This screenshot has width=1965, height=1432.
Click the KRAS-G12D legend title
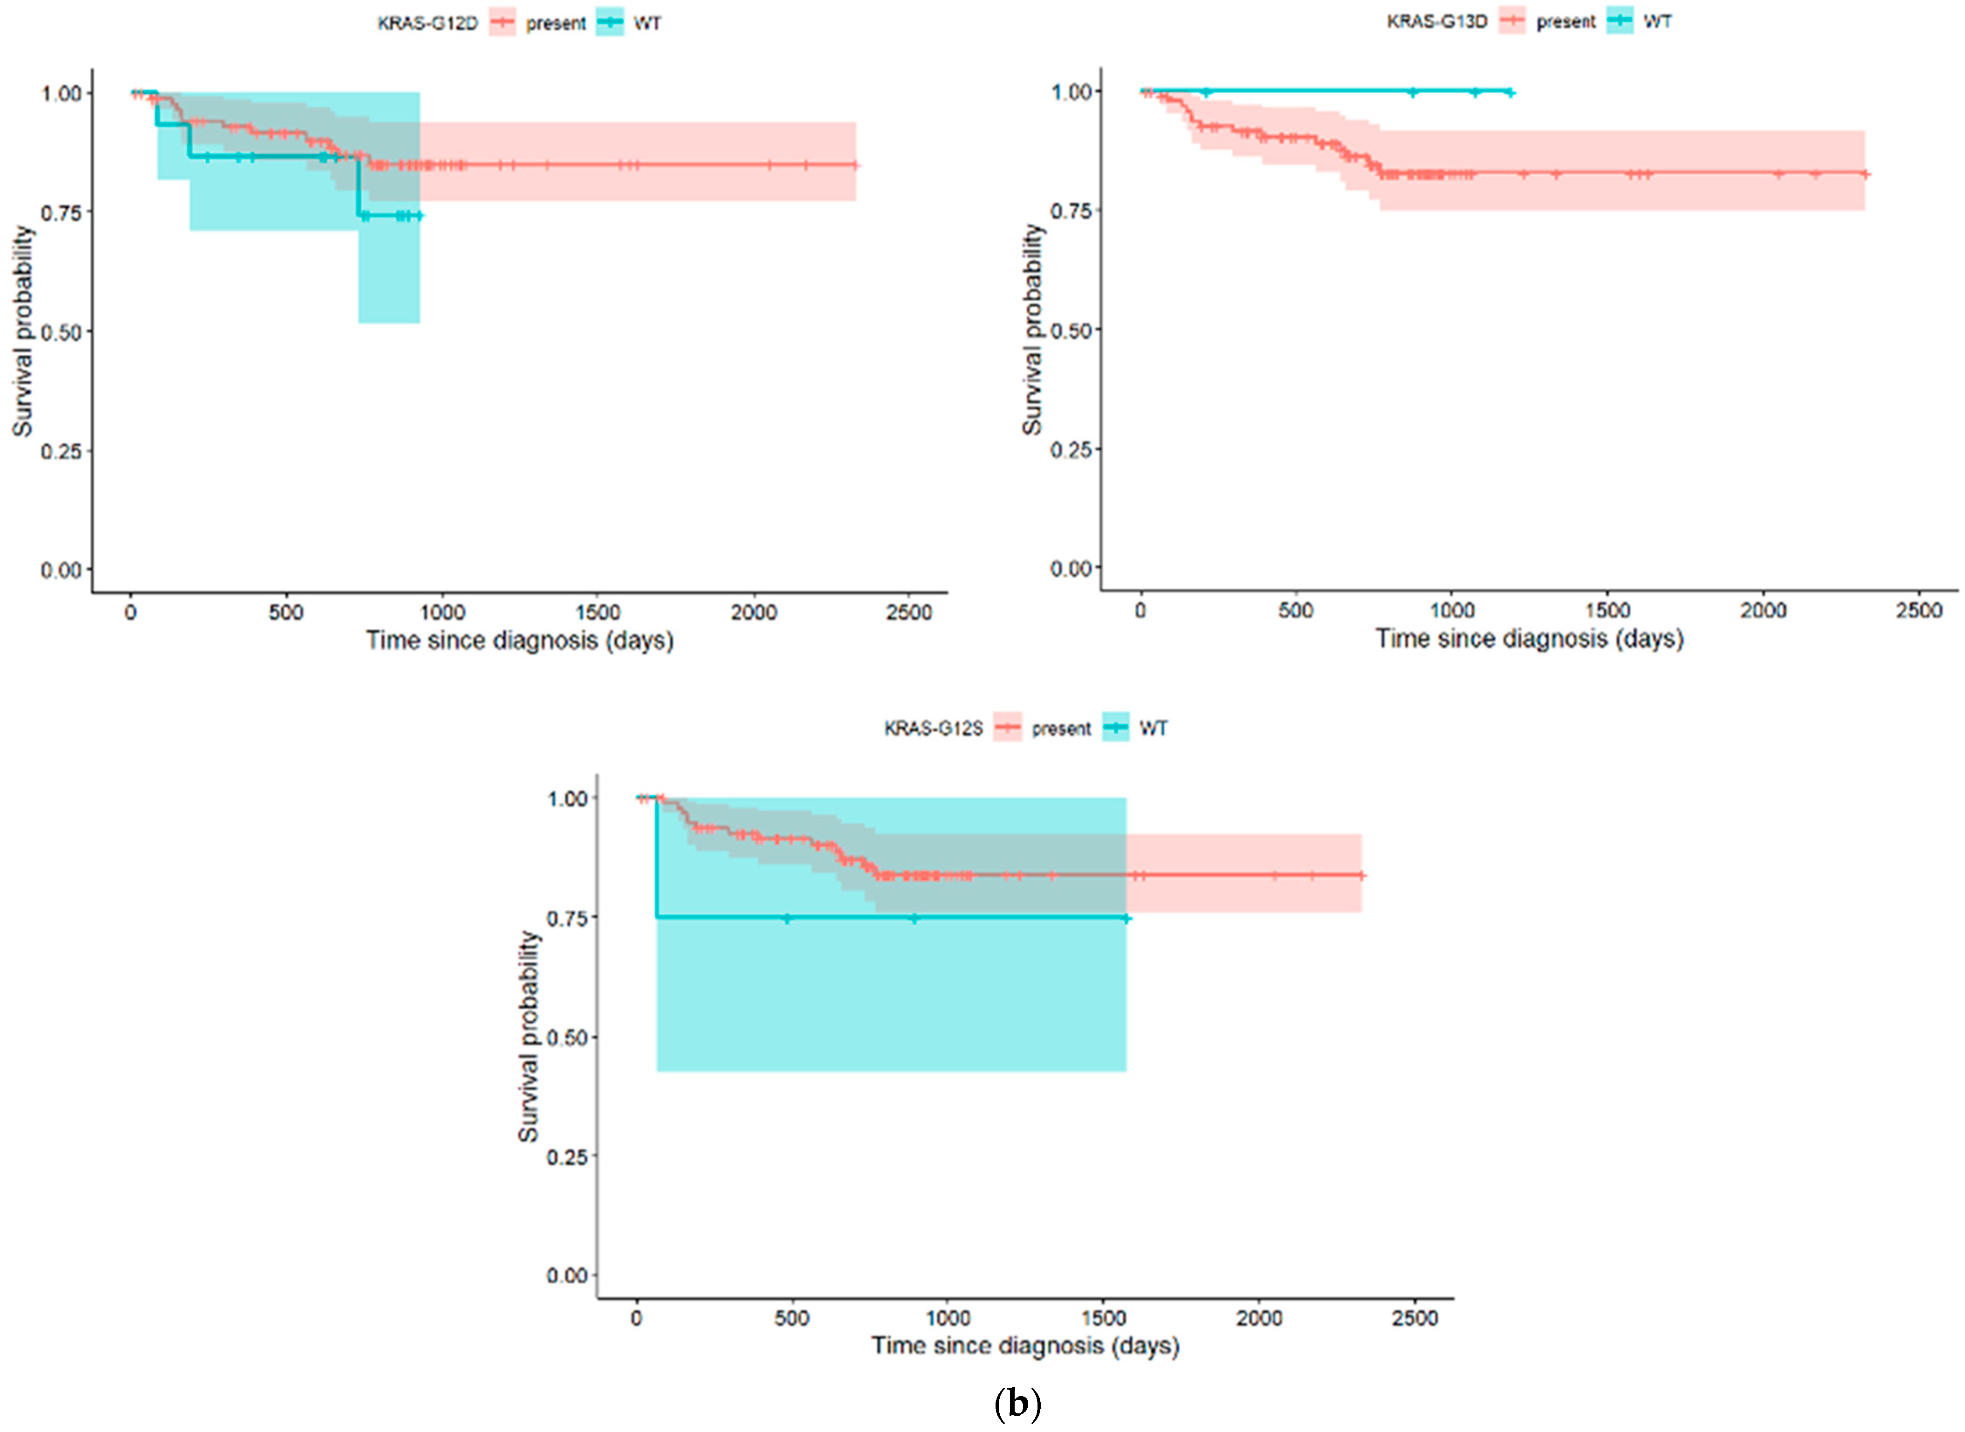427,23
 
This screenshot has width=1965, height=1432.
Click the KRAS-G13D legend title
1437,21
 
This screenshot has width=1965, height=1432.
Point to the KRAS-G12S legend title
934,728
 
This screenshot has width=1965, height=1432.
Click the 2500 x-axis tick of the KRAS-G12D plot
908,613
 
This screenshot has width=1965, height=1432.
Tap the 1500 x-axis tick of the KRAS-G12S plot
1103,1318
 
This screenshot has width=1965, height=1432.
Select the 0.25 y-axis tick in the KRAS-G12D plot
61,451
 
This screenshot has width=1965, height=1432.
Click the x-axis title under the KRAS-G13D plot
1529,639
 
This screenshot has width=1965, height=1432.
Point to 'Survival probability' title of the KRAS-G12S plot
528,1037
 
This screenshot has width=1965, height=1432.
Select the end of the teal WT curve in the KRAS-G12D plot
420,215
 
